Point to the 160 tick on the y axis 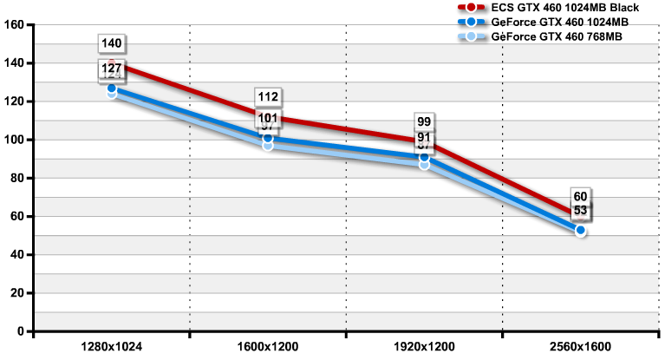[x=13, y=24]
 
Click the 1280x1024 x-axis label [x=111, y=346]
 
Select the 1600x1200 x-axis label [x=267, y=346]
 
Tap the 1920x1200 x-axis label [x=424, y=346]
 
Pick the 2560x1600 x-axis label [x=580, y=346]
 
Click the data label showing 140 [x=112, y=43]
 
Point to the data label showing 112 [x=268, y=97]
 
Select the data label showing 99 [x=424, y=121]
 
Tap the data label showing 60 [x=580, y=196]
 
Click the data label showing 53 [x=580, y=211]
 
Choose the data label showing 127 [x=112, y=68]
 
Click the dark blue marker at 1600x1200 [x=268, y=139]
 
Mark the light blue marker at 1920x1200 [x=424, y=164]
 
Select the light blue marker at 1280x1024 [x=112, y=94]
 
